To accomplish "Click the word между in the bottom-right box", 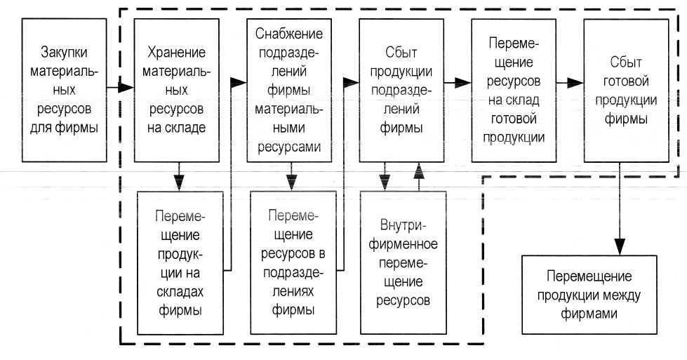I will [616, 294].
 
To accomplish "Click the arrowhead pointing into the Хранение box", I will [127, 88].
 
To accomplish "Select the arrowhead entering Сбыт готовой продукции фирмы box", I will [577, 82].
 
